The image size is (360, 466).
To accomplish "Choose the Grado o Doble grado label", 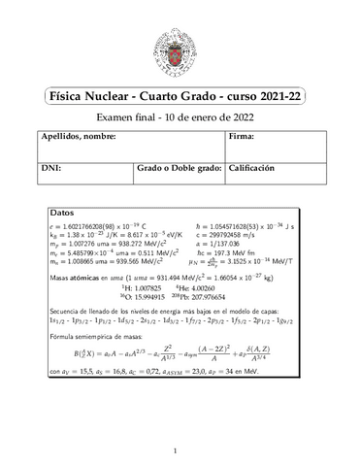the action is [180, 168].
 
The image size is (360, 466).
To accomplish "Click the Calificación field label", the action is [260, 168].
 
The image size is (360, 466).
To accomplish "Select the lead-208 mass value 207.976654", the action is [236, 300].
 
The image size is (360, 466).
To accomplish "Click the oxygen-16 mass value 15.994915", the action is [148, 300].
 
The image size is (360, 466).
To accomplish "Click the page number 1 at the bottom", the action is [180, 451].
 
